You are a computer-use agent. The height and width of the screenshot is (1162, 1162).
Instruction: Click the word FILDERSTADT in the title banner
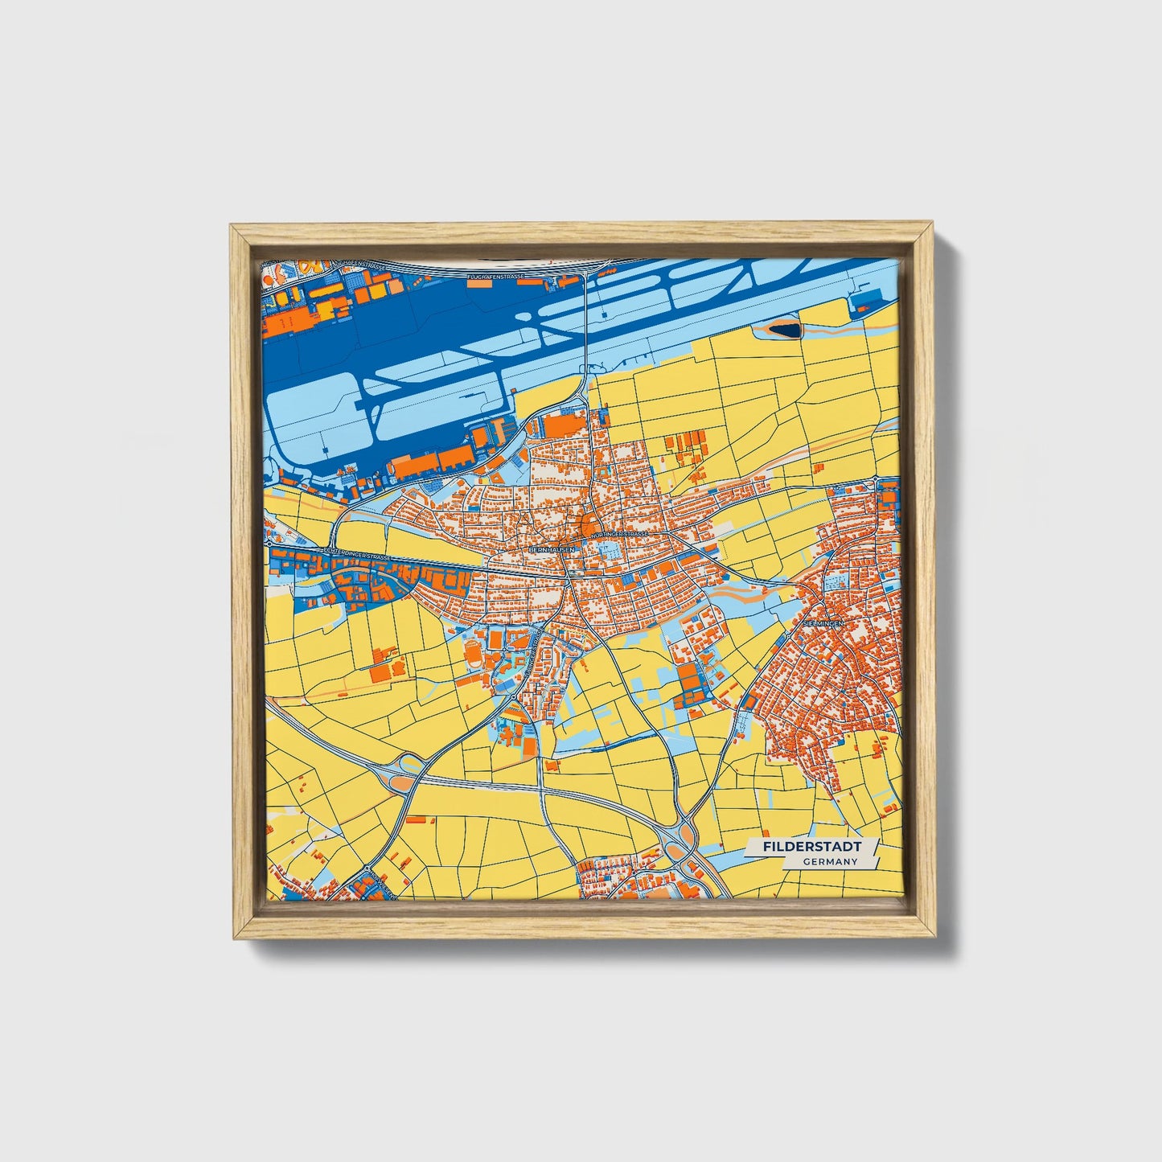(x=812, y=847)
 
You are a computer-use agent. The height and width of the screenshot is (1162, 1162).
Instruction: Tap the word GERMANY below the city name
(x=830, y=861)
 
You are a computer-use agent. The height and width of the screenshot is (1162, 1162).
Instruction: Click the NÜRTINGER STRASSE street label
(x=619, y=534)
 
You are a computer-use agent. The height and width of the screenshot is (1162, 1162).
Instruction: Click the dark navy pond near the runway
(x=785, y=329)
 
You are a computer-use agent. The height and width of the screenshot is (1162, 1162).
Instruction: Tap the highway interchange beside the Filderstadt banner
(x=684, y=836)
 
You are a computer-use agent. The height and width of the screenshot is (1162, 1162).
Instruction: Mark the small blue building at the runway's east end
(x=865, y=304)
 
